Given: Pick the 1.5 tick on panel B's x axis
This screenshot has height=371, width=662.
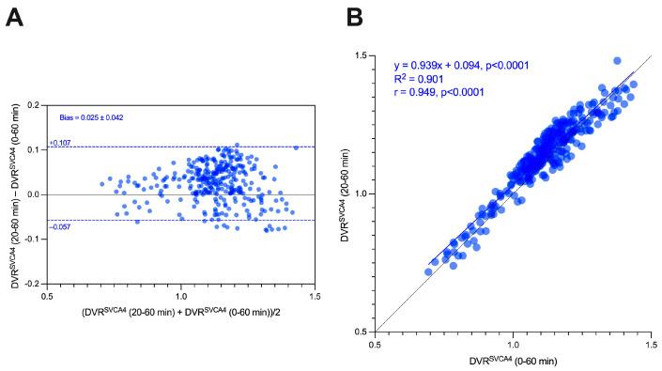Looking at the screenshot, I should coord(651,345).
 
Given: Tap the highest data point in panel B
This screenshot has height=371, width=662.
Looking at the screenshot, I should coord(617,61).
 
